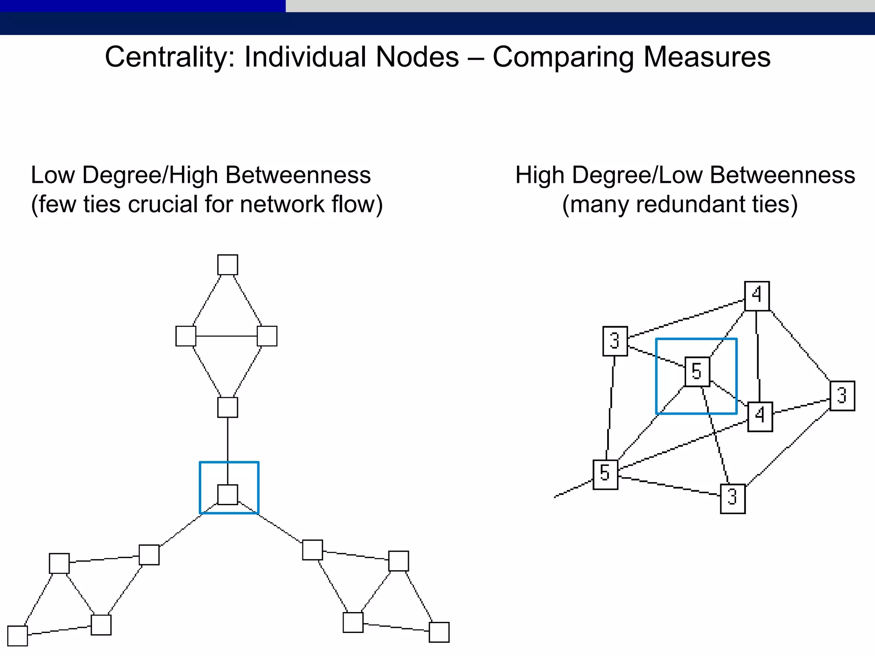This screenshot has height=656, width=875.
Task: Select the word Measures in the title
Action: [707, 57]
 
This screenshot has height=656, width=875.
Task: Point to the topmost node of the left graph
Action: [227, 265]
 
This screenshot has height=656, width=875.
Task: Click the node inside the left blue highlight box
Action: [227, 495]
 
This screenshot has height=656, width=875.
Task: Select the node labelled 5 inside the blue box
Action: [697, 372]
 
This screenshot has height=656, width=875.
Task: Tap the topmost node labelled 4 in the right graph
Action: [757, 296]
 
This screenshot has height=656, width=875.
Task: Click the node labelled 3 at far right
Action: [842, 396]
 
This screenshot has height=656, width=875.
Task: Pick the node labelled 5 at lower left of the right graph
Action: [605, 474]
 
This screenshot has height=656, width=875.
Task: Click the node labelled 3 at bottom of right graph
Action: [732, 498]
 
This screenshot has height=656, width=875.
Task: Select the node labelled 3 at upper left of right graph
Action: [615, 341]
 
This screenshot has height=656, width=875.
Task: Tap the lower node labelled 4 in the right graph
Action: [760, 416]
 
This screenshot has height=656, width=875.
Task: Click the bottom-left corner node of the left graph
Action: [18, 636]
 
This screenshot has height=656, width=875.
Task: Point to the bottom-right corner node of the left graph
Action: [439, 632]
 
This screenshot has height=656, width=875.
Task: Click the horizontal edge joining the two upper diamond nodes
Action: [226, 336]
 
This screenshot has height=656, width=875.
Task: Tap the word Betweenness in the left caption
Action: [298, 175]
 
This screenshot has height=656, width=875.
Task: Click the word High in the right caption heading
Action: [540, 175]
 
